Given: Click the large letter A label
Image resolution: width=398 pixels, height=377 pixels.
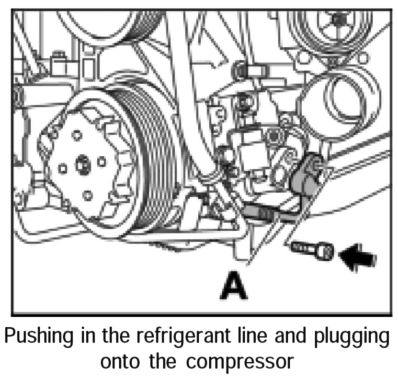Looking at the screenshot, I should tap(235, 285).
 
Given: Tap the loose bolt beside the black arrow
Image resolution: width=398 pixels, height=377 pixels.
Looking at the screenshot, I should tap(312, 249).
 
